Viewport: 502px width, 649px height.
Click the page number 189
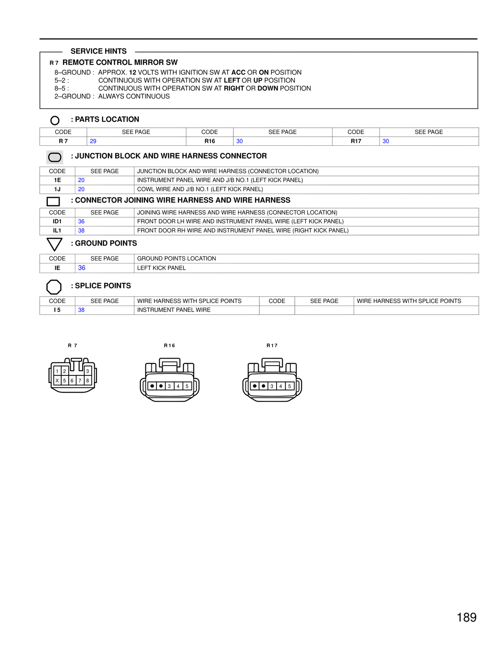click(466, 618)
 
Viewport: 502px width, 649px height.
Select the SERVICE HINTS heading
click(98, 51)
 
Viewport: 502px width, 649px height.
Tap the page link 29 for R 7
click(93, 141)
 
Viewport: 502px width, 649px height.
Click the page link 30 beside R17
click(386, 141)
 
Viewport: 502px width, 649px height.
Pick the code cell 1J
click(57, 189)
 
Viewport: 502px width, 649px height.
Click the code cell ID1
click(57, 221)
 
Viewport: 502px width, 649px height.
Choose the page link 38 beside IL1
click(81, 230)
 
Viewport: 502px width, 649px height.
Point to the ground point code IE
click(57, 268)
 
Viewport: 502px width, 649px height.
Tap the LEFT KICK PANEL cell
click(161, 268)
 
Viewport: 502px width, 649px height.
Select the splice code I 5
click(57, 310)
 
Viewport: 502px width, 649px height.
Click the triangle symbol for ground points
click(55, 244)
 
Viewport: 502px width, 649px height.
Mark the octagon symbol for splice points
click(54, 287)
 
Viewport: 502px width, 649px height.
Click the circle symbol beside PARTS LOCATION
click(55, 120)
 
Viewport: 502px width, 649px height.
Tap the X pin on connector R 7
click(57, 381)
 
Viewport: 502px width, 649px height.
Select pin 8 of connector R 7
click(87, 381)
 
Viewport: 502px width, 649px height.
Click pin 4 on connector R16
click(178, 386)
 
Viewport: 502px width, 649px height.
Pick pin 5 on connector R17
click(289, 386)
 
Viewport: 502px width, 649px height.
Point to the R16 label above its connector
click(169, 346)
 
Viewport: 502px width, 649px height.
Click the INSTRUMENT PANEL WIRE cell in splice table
click(174, 310)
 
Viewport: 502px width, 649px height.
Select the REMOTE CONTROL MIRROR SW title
click(120, 62)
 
